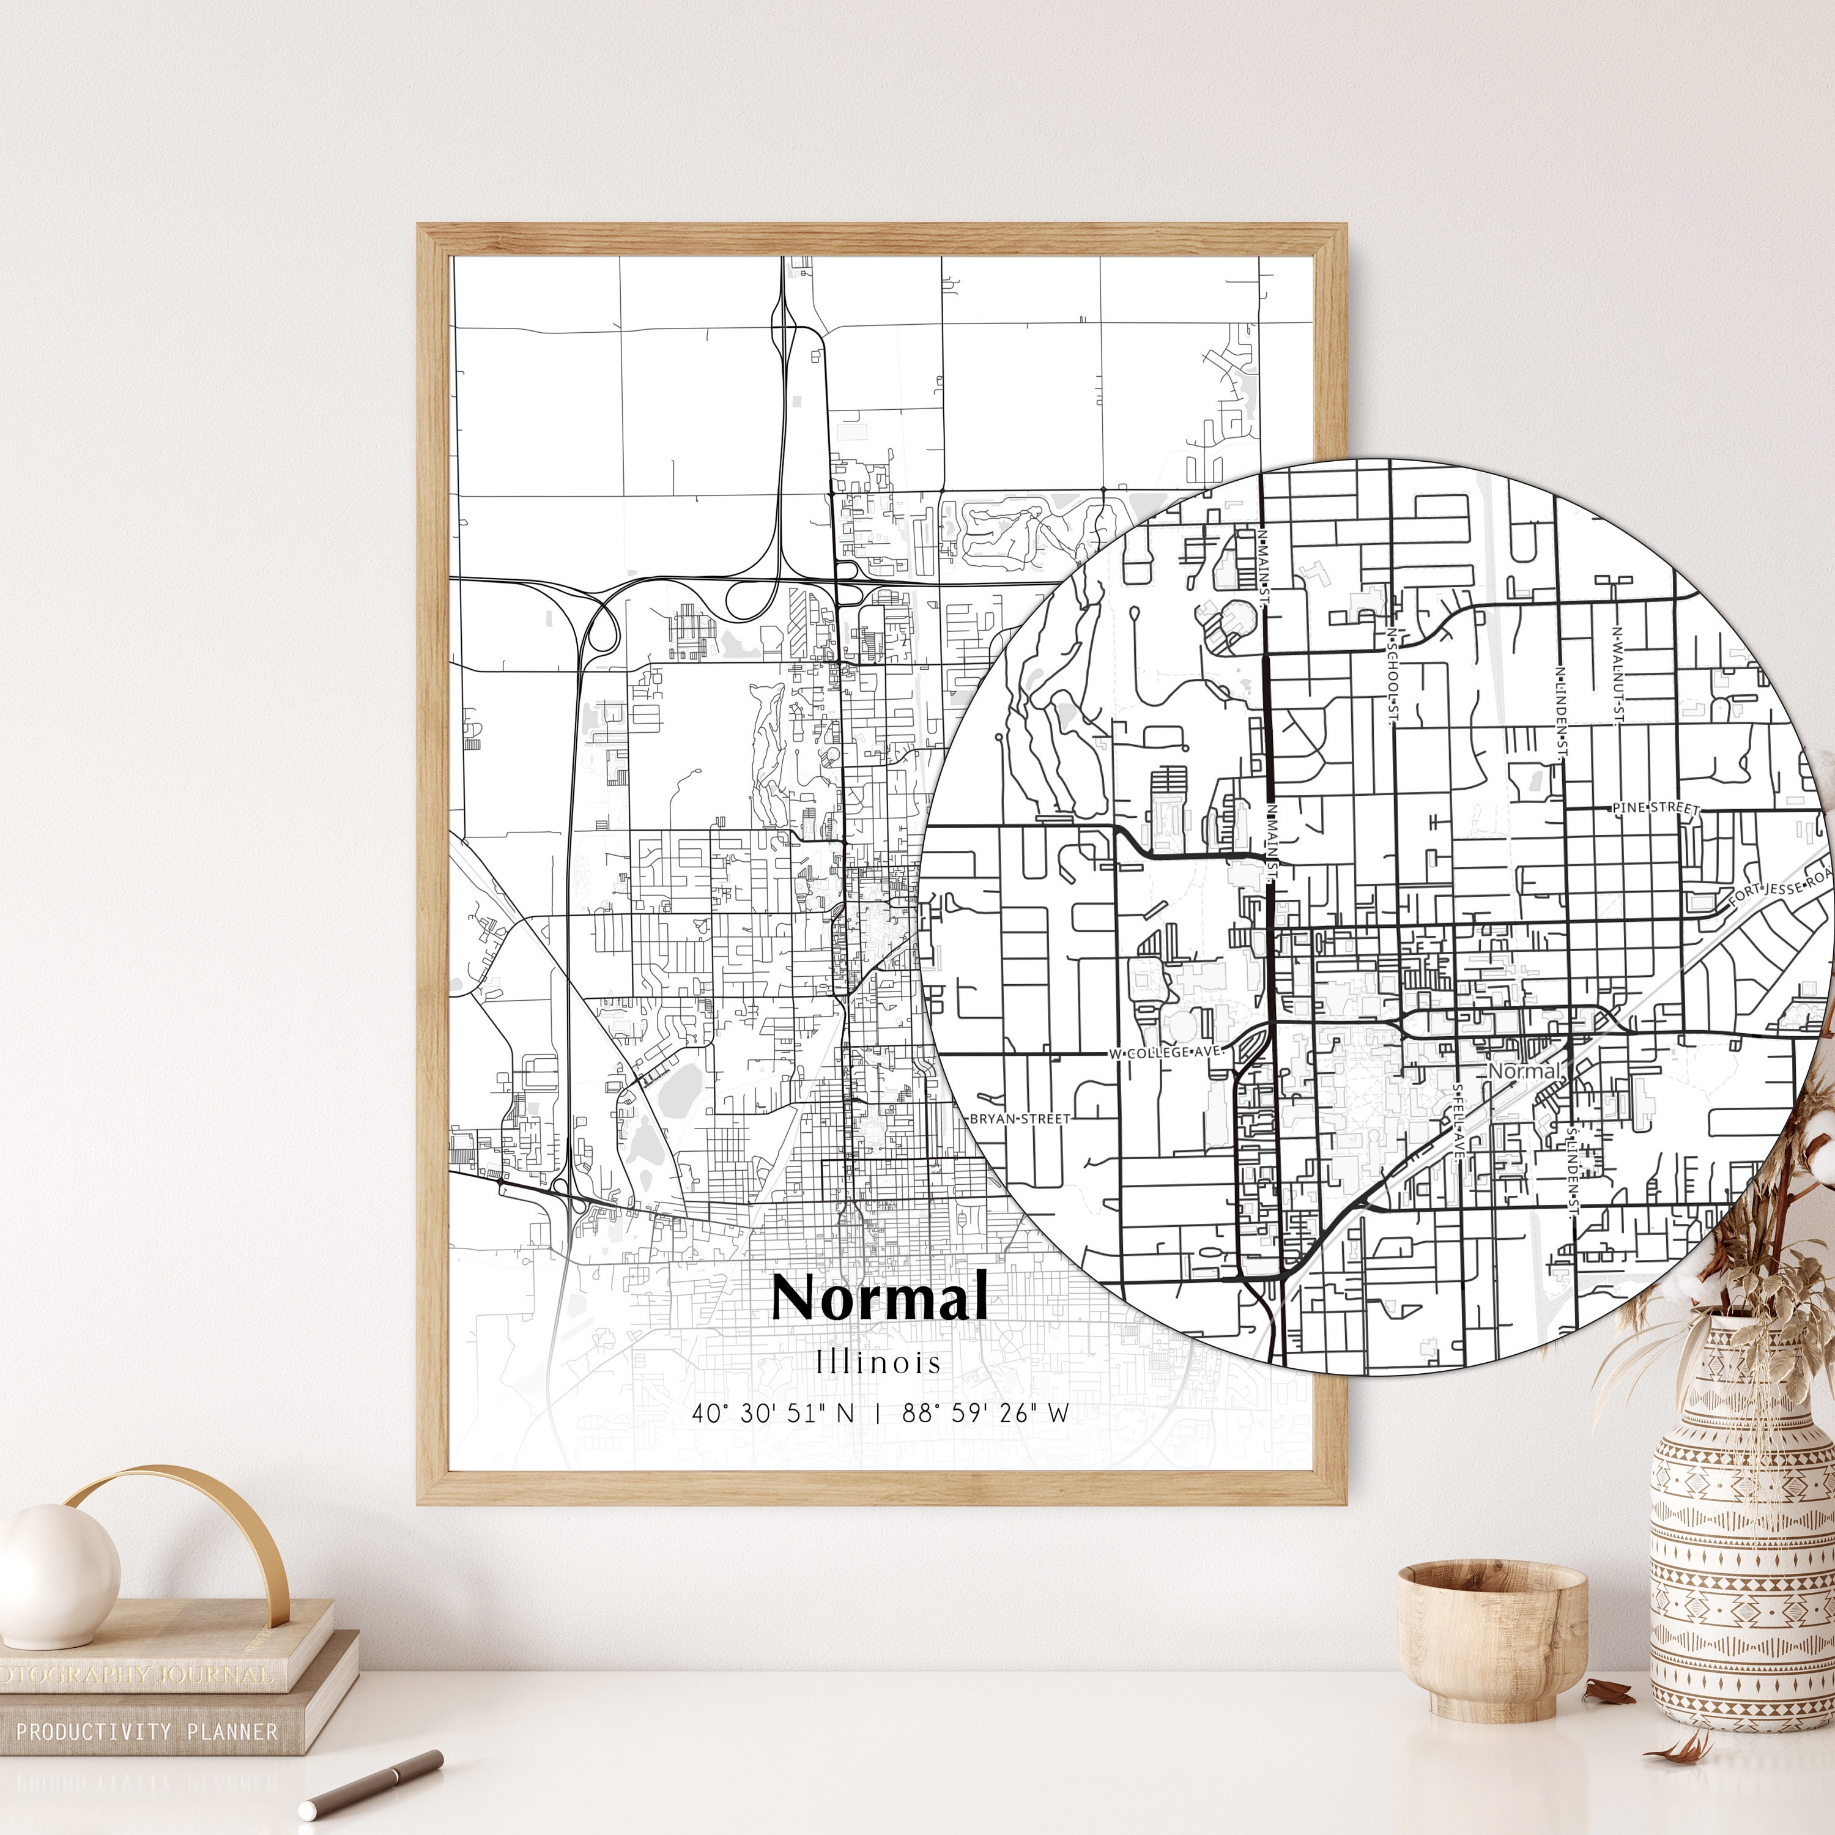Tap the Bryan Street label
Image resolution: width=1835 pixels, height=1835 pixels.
(x=1019, y=1119)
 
